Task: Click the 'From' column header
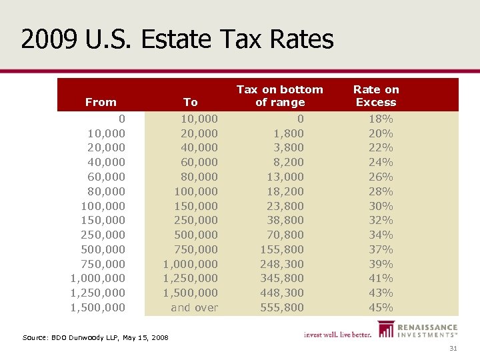[101, 102]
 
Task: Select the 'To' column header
[191, 102]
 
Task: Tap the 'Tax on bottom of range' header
[280, 95]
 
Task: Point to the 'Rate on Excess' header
[376, 95]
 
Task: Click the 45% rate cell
[381, 307]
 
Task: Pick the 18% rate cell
[381, 119]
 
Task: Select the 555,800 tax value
[282, 307]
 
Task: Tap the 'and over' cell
[194, 307]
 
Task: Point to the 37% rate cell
[381, 249]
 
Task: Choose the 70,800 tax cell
[285, 235]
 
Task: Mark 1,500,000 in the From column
[97, 307]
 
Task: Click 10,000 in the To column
[200, 119]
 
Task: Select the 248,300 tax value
[282, 264]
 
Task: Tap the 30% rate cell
[381, 206]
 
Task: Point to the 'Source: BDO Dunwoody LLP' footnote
[95, 338]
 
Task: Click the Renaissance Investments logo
[418, 331]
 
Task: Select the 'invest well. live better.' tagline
[337, 335]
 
